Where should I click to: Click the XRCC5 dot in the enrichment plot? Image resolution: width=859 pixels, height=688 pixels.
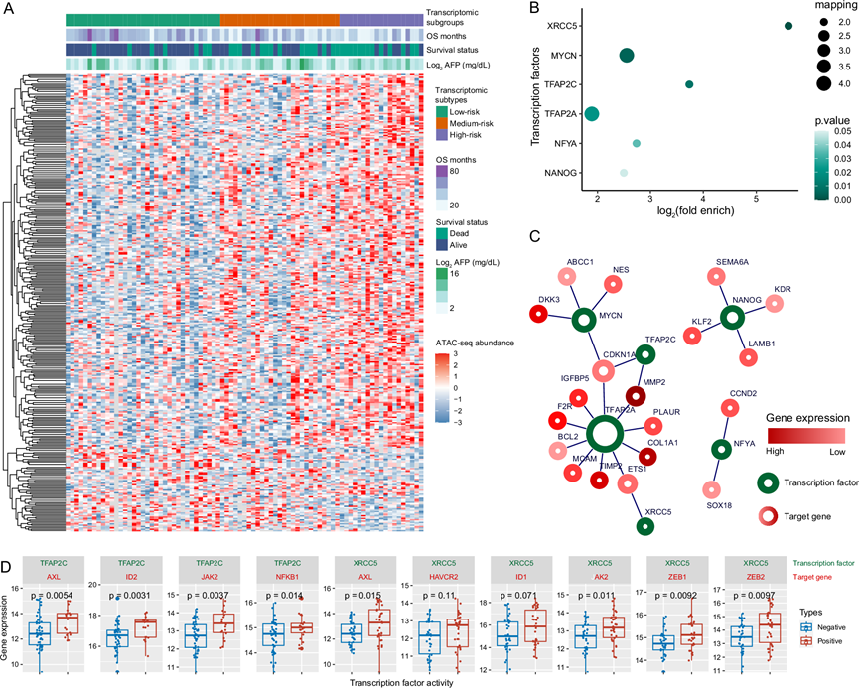click(x=788, y=26)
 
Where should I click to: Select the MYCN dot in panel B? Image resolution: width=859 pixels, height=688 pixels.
click(x=627, y=55)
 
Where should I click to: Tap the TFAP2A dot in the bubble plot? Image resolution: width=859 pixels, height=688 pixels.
click(x=592, y=114)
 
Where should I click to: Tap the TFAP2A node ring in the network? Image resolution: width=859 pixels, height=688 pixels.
click(x=605, y=435)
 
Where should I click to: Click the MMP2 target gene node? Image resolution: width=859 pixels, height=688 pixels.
click(x=636, y=394)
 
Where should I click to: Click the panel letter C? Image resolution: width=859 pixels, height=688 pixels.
click(x=535, y=236)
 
